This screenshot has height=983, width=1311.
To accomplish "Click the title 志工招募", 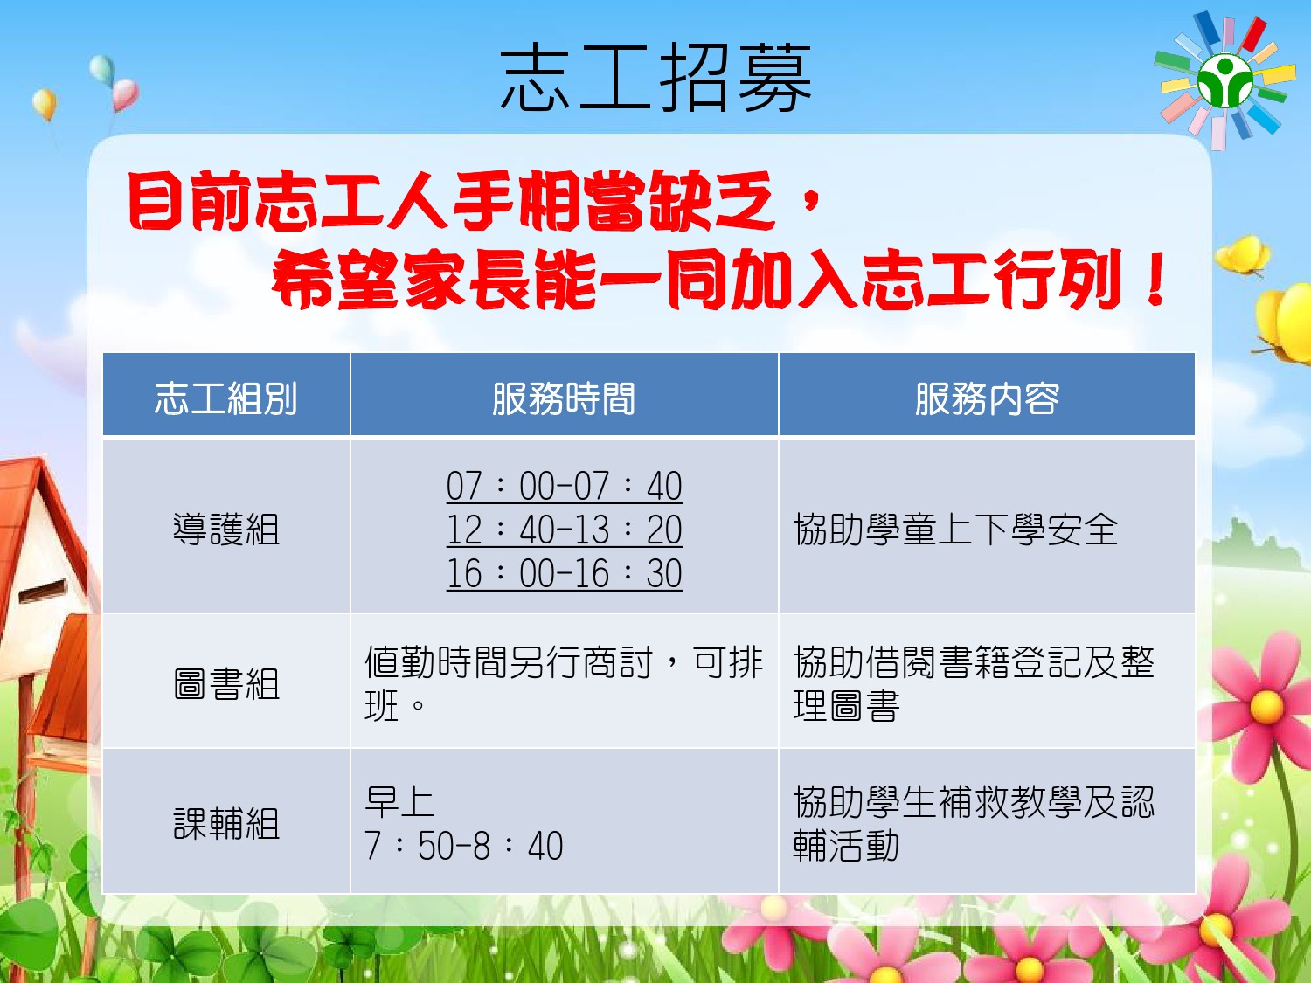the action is point(655,78).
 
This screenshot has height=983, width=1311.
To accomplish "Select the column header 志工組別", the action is point(225,398).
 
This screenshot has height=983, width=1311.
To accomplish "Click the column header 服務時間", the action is point(564,398).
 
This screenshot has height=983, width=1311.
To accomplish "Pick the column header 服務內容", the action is point(987,398).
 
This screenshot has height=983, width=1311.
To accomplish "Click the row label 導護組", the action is point(226,529).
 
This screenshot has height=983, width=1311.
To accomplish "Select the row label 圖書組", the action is point(226,683).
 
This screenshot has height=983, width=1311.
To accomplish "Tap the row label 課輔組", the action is point(226,824).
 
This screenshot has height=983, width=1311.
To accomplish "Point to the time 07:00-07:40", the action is point(564,486).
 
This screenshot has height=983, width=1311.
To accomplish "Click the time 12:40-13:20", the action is point(564,530).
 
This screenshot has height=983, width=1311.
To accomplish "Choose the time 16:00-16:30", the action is point(564,573).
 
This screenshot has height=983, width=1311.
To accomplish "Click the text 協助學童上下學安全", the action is point(955,530).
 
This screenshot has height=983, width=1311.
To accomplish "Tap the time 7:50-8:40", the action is point(463,846).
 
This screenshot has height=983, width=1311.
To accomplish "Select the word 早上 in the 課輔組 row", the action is point(399,802).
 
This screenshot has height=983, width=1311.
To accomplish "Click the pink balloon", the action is point(125,94).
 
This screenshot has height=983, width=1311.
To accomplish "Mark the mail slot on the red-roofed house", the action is point(43,590).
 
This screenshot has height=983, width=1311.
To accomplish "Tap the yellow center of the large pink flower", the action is point(1266,707).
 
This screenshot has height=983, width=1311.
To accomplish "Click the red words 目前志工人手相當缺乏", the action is point(451,201).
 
